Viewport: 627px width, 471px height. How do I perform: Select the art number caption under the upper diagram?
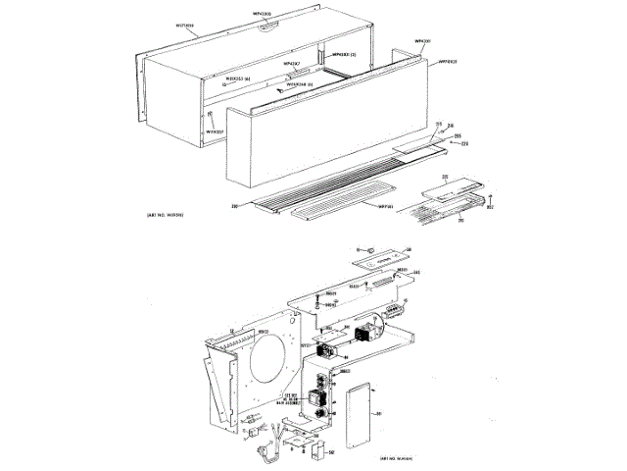(150, 213)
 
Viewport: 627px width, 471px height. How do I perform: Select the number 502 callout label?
(332, 452)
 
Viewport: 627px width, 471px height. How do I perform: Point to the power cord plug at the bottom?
(264, 450)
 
